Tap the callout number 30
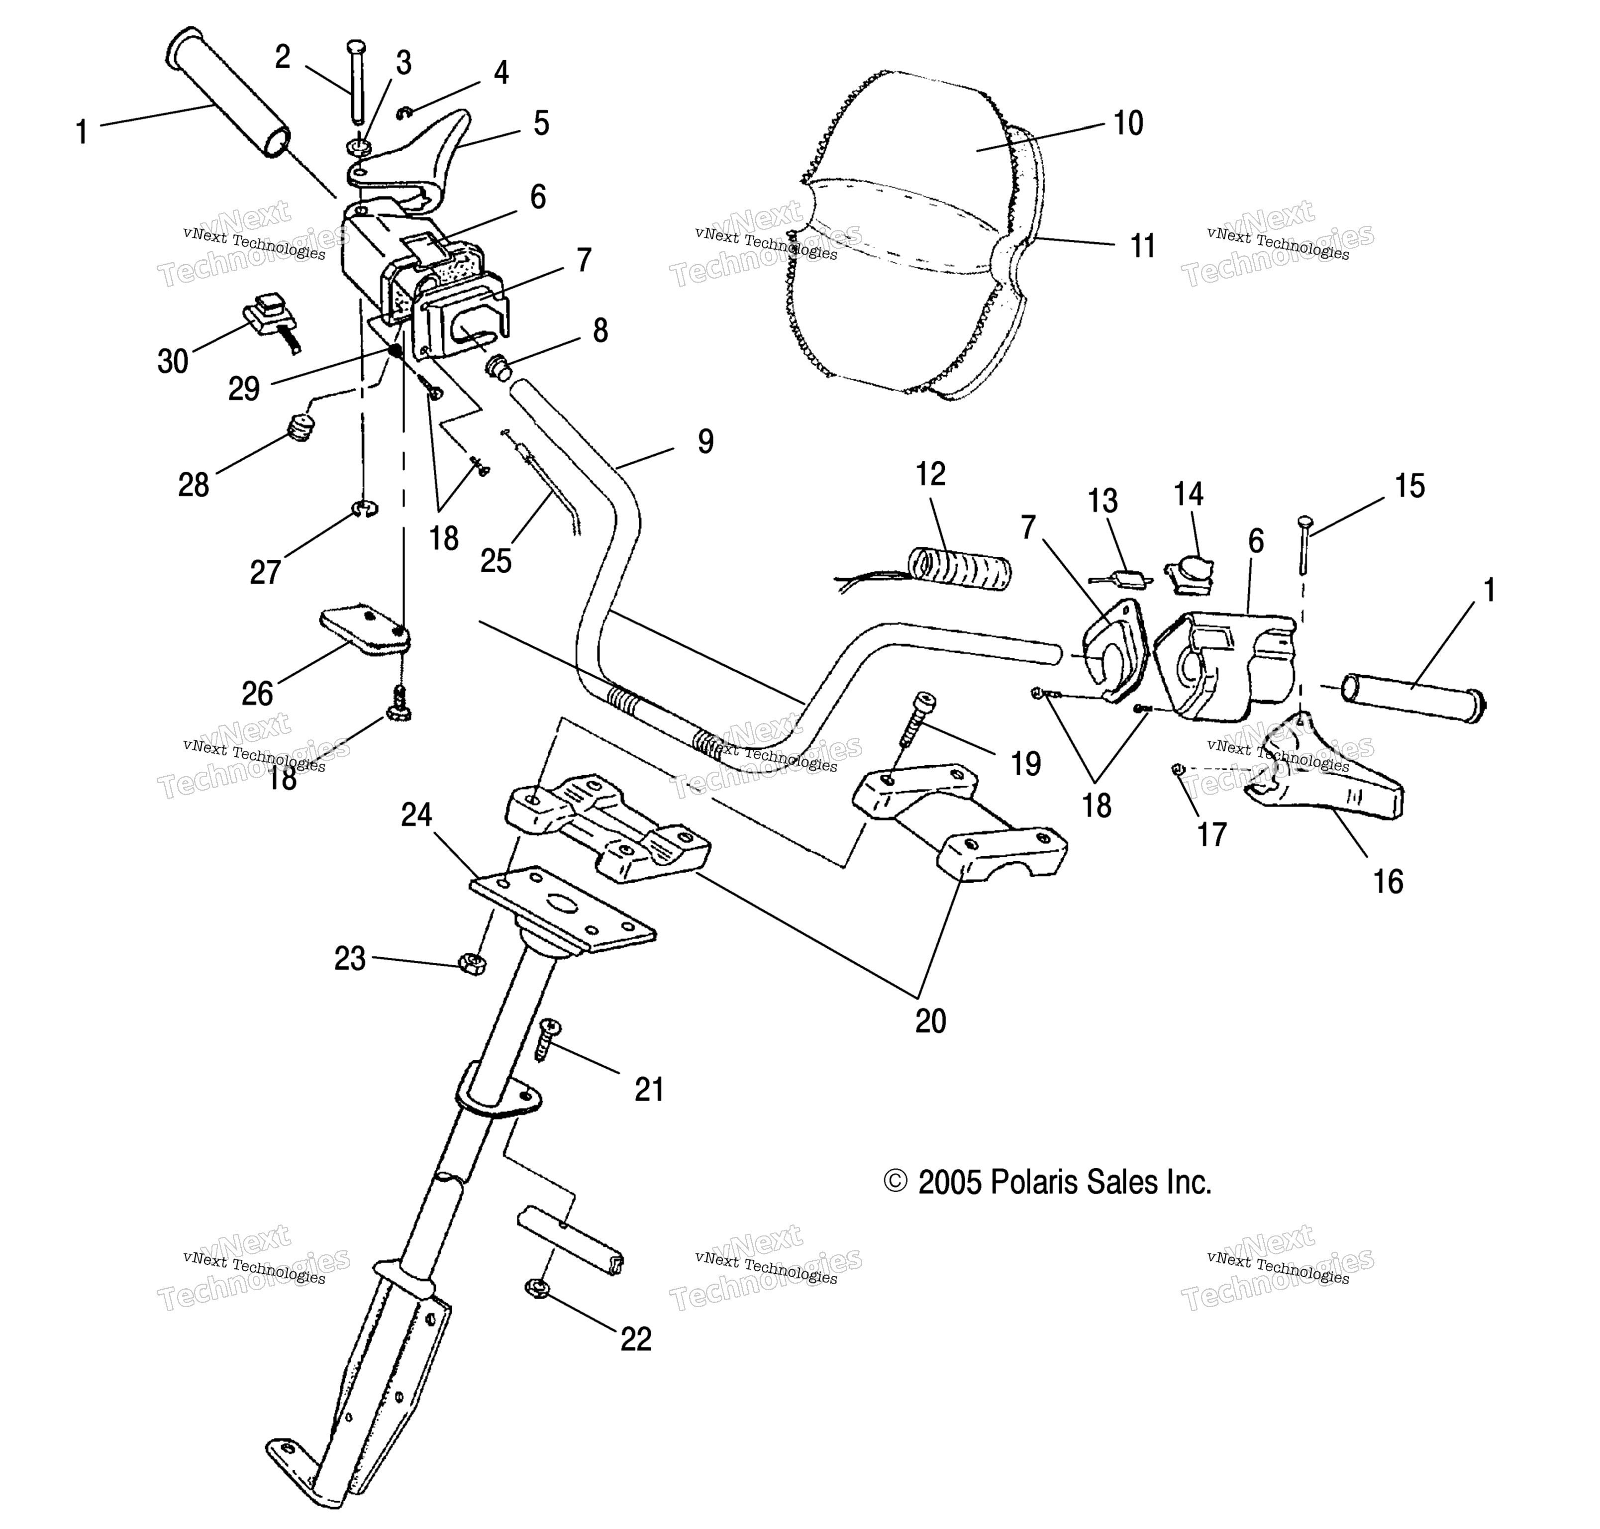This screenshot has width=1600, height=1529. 173,361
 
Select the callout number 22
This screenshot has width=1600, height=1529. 636,1339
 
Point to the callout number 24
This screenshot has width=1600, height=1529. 416,814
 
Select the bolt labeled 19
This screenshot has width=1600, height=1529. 916,719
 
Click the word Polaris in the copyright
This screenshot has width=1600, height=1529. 1035,1183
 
